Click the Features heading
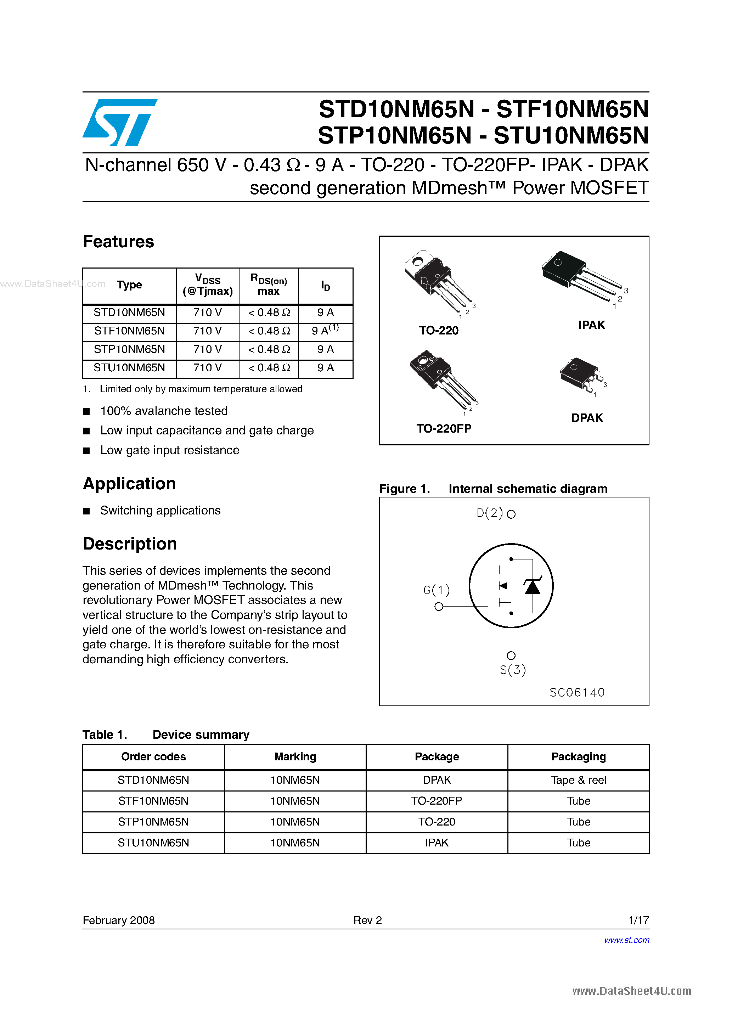click(118, 242)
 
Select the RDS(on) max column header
click(269, 285)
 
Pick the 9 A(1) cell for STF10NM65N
click(325, 330)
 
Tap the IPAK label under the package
click(591, 325)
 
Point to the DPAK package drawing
click(581, 375)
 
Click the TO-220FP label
click(444, 428)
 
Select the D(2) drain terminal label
click(490, 513)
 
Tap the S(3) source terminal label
click(513, 670)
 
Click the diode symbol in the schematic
click(533, 586)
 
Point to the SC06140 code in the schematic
click(577, 692)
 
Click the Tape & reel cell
click(578, 780)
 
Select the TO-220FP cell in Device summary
click(437, 801)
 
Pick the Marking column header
click(295, 757)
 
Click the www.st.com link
click(626, 940)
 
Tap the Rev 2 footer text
click(367, 920)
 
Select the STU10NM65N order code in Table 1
click(153, 843)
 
